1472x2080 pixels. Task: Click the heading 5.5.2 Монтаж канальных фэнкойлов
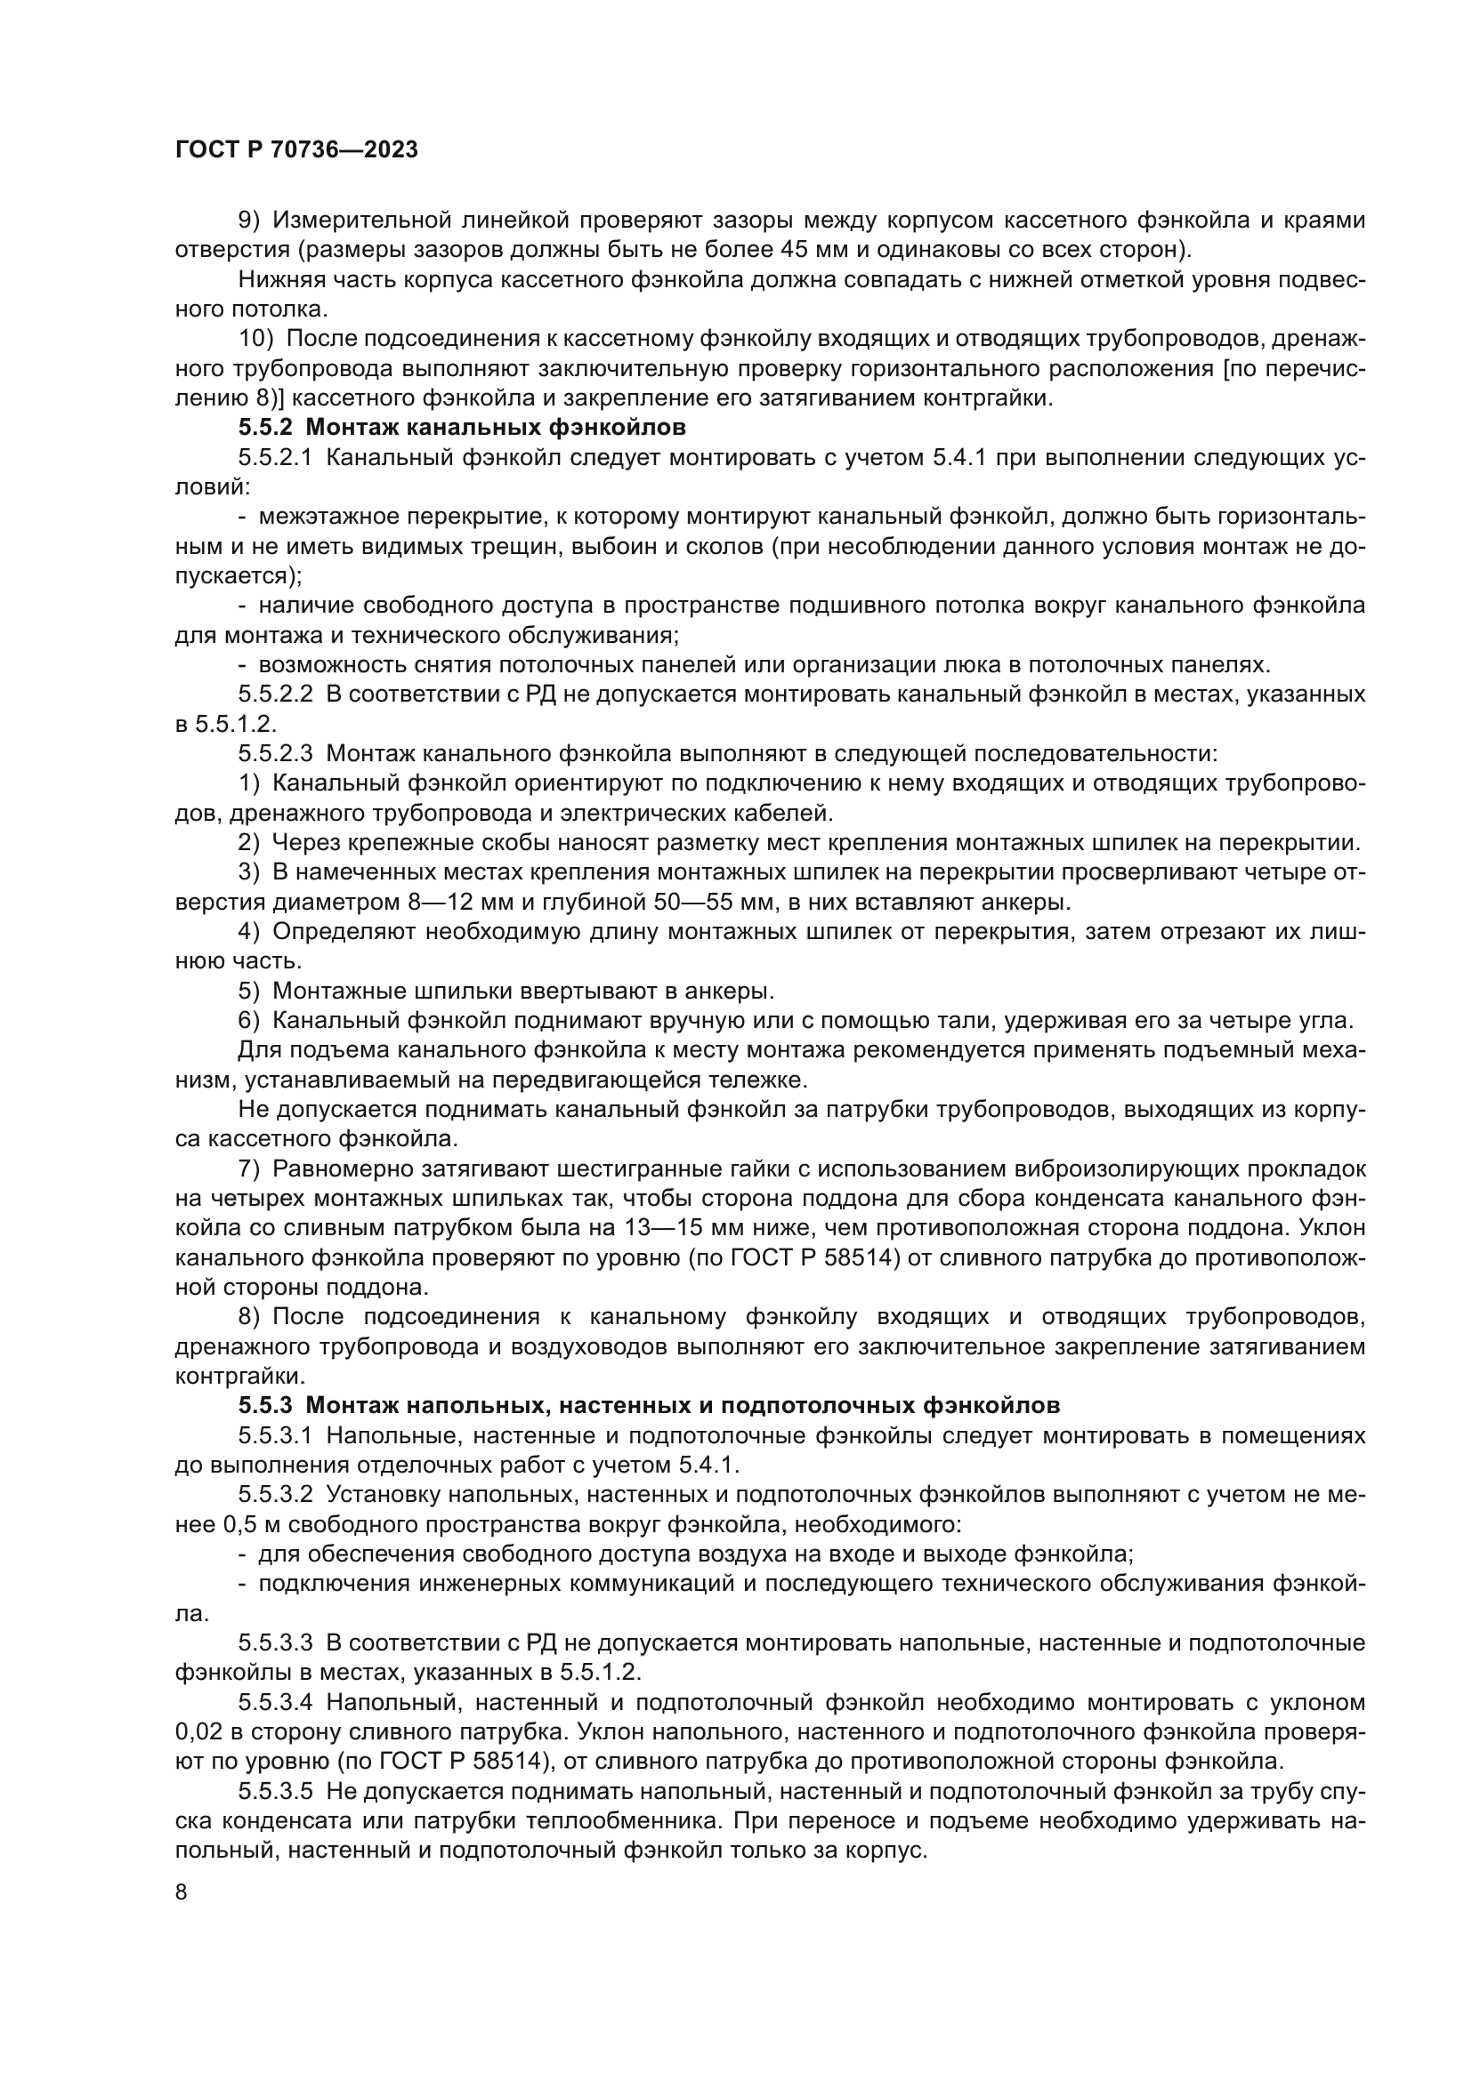click(x=462, y=427)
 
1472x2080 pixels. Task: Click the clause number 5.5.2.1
click(x=275, y=456)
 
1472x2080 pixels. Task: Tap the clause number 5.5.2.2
click(x=275, y=695)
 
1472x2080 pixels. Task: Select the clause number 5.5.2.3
click(x=275, y=754)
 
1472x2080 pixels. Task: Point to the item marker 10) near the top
click(x=255, y=338)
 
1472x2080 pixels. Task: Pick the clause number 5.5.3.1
click(x=275, y=1436)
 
